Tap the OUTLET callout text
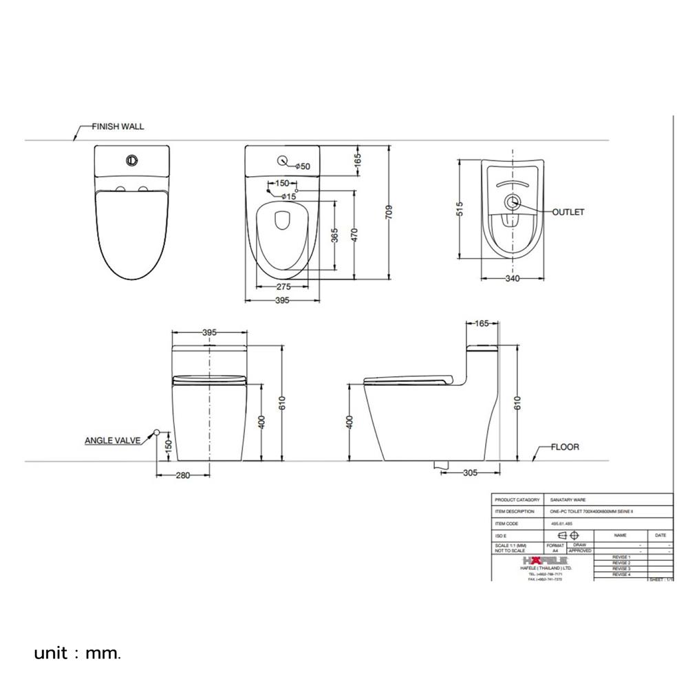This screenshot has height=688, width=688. (x=568, y=212)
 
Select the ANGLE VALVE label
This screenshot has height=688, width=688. (x=112, y=439)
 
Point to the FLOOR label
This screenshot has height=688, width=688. (x=564, y=447)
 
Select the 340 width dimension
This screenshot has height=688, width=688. (x=511, y=279)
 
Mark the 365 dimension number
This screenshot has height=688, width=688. (x=335, y=236)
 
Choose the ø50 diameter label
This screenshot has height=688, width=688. (x=303, y=166)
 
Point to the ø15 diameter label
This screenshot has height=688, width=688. (x=287, y=197)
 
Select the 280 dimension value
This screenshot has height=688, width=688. (x=183, y=475)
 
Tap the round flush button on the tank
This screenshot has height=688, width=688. (x=131, y=161)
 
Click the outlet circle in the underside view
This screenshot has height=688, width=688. (x=512, y=202)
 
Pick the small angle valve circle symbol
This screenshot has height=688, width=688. (x=157, y=432)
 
